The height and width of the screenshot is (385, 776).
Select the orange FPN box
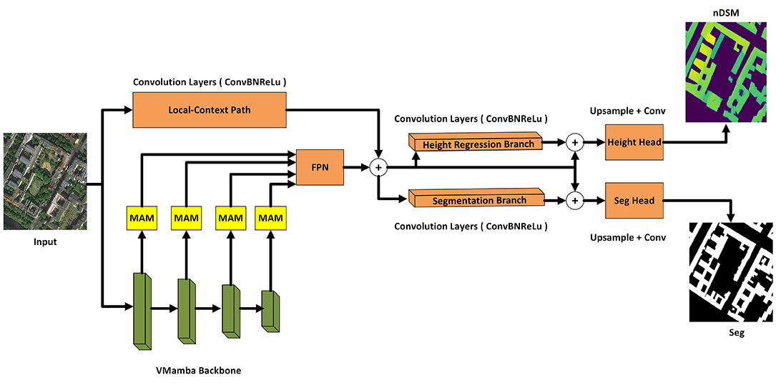(x=320, y=167)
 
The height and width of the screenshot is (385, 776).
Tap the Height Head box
(x=634, y=143)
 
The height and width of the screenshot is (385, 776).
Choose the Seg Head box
(x=634, y=201)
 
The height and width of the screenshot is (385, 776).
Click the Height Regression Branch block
(x=477, y=143)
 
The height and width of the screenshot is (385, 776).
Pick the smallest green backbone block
(x=270, y=310)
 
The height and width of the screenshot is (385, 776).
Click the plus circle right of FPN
(x=378, y=167)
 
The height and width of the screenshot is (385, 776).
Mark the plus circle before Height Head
(x=574, y=143)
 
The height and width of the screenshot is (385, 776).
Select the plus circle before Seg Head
(x=574, y=201)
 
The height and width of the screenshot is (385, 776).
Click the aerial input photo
(x=45, y=181)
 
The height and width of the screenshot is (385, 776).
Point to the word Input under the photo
(x=45, y=242)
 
